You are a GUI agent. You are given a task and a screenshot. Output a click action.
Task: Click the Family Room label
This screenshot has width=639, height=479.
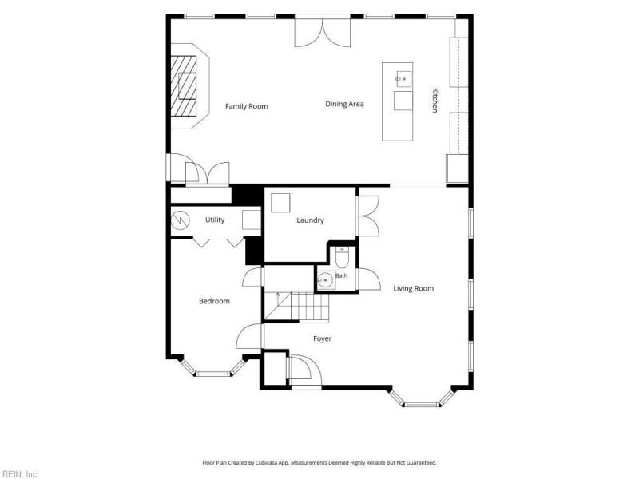point(247,106)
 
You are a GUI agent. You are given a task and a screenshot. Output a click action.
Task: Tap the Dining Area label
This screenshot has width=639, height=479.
point(344,104)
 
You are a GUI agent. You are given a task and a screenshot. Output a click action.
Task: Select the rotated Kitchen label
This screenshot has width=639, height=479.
point(435,101)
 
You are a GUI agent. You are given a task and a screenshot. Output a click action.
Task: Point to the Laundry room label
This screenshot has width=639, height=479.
point(310,220)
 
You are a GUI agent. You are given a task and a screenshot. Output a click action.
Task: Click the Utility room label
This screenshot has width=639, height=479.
point(215,220)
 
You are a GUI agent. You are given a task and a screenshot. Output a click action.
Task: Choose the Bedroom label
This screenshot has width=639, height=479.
point(214,301)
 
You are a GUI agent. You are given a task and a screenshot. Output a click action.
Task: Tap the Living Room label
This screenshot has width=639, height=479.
point(413,288)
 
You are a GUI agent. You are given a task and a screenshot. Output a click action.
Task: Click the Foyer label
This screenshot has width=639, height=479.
point(323,338)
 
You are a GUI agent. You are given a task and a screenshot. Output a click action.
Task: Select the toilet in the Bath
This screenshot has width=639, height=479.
point(342,258)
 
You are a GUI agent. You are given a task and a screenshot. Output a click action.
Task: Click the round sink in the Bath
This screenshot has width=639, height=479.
point(326,280)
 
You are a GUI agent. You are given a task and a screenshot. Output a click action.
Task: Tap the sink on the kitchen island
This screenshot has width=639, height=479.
point(403,79)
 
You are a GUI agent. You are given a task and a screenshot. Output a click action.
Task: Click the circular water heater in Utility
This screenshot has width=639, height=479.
point(181,220)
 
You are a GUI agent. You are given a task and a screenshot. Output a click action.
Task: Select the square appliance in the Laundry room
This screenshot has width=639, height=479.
point(280,203)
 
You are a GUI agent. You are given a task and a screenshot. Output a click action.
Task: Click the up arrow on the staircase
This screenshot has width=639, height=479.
point(278,299)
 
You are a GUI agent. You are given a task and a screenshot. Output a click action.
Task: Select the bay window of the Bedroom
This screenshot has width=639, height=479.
point(213,368)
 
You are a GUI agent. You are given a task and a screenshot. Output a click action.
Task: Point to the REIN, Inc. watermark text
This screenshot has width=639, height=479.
point(19,474)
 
